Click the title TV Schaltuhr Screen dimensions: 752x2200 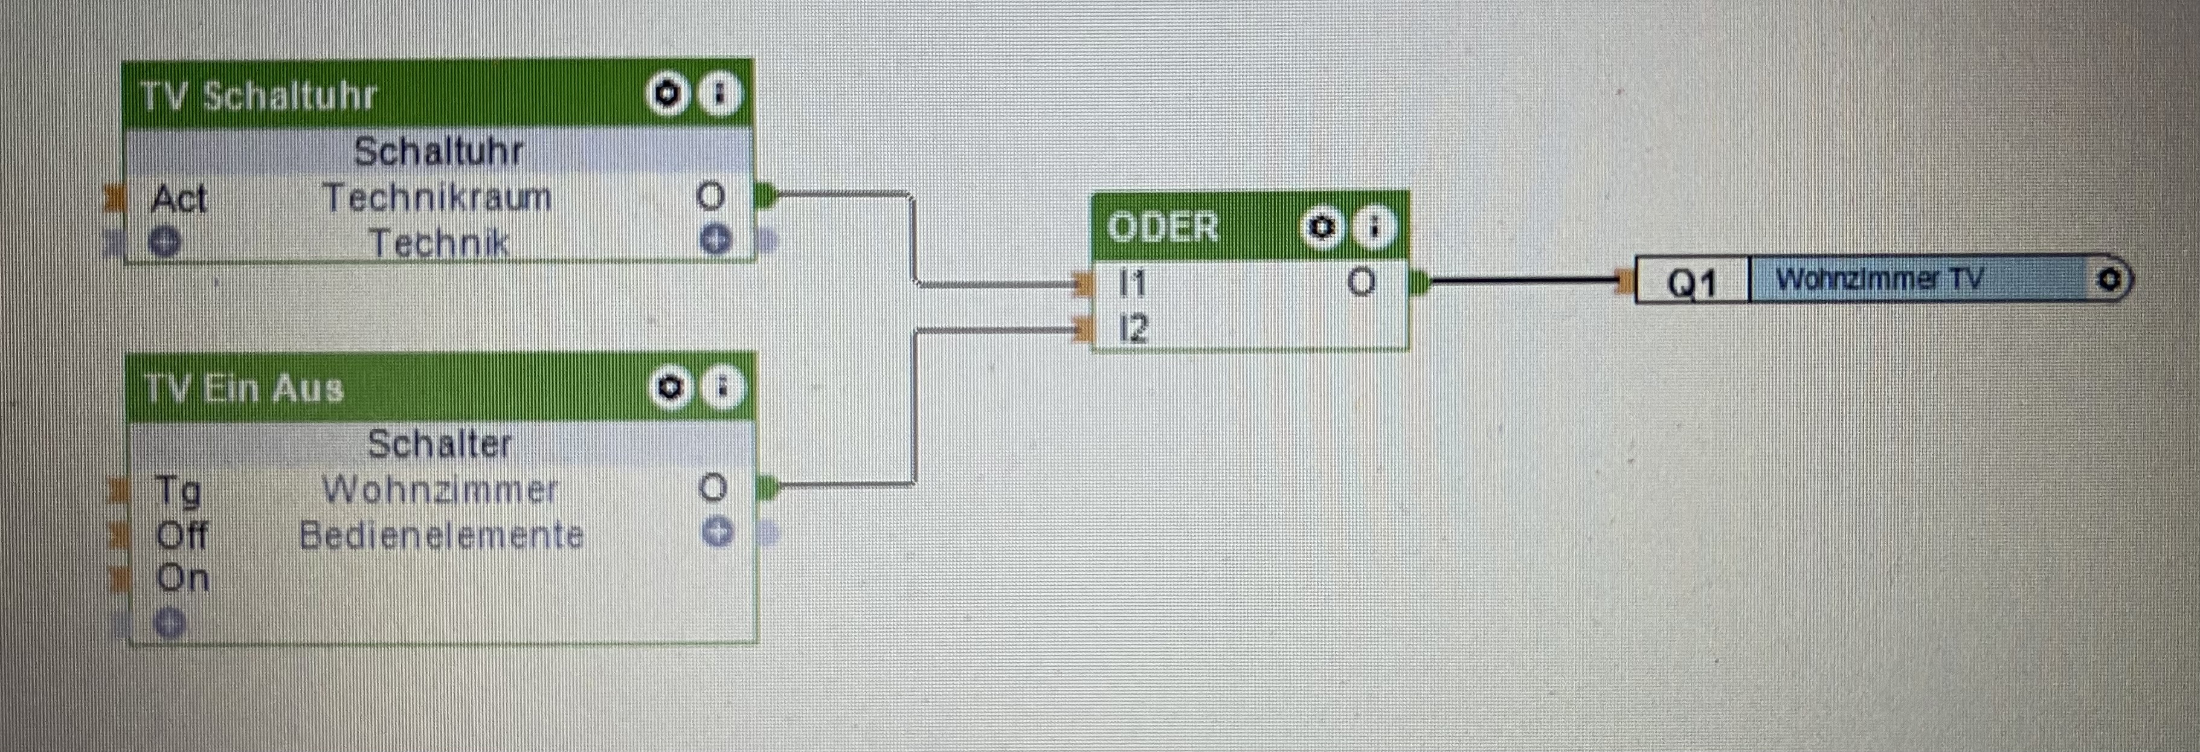tap(257, 95)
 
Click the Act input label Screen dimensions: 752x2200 tap(178, 199)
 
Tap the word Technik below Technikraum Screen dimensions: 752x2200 tap(439, 243)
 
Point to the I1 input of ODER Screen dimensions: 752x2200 tap(1133, 283)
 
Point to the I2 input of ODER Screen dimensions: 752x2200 tap(1133, 328)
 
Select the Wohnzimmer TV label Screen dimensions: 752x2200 tap(1879, 279)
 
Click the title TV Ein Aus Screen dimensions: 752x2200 tap(244, 389)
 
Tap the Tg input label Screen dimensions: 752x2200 tap(178, 490)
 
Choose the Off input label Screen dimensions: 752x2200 tap(181, 535)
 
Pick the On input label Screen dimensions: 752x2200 tap(182, 579)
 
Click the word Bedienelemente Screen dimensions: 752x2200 tap(441, 535)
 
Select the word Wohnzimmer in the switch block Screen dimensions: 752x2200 tap(439, 490)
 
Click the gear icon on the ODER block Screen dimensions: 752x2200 tap(1321, 228)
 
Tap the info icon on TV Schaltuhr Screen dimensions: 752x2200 tap(719, 94)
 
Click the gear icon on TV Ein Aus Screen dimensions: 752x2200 tap(671, 388)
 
